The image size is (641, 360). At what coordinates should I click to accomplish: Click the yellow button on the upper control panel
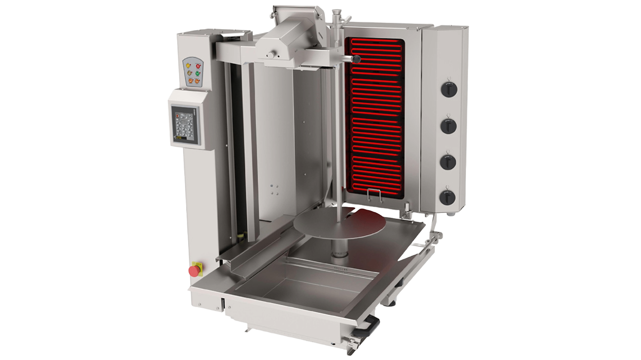[189, 65]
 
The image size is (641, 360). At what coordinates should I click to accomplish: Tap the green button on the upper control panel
[197, 73]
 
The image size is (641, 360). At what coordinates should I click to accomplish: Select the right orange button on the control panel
[197, 80]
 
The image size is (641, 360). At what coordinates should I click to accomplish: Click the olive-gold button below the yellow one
[189, 73]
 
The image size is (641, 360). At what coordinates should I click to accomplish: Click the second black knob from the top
[449, 125]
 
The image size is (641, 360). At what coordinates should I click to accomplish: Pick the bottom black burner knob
[449, 197]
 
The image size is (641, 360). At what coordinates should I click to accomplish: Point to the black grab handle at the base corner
[371, 322]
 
